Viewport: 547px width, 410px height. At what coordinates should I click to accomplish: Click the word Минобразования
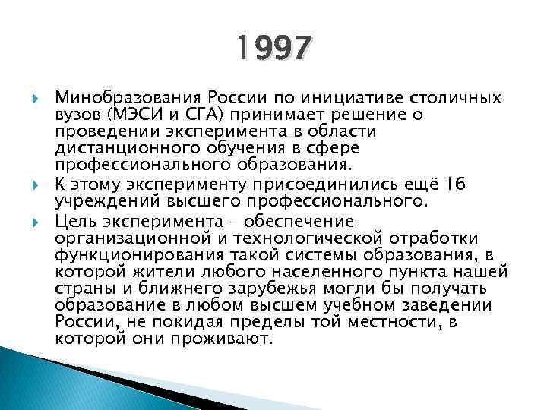point(122,99)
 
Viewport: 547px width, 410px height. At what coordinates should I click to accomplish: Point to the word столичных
point(455,99)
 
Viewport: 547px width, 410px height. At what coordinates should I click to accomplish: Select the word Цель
point(74,222)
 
